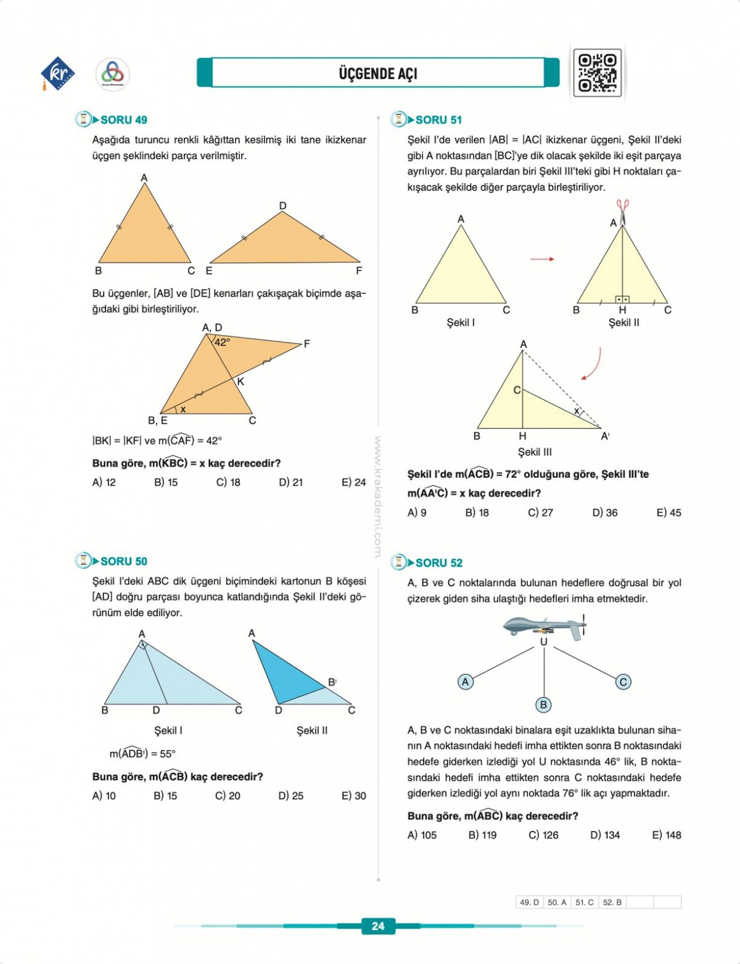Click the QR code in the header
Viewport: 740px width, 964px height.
[x=597, y=73]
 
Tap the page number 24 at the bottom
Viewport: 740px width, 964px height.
[x=378, y=925]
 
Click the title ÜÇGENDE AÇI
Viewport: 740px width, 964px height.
[x=378, y=73]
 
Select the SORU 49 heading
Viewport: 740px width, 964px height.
[x=123, y=120]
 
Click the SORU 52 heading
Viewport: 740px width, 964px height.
[x=438, y=563]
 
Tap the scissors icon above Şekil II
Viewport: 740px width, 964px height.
[x=622, y=210]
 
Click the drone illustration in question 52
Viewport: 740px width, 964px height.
[x=544, y=627]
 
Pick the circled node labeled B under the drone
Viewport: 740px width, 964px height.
[x=543, y=705]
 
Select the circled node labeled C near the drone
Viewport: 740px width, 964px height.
[x=623, y=682]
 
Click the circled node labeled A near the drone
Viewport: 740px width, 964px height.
[x=466, y=682]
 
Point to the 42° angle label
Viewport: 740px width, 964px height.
[x=222, y=342]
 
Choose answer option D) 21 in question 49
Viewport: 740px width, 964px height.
[x=290, y=482]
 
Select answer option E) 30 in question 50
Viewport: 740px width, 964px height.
[x=353, y=796]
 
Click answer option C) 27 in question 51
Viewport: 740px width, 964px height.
[x=540, y=512]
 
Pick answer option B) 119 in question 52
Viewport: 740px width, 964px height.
[x=482, y=835]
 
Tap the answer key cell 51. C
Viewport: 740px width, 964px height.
[x=584, y=902]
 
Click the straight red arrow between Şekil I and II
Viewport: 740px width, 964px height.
[x=542, y=259]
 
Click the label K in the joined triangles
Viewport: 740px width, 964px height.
[x=240, y=382]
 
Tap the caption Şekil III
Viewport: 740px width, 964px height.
[x=535, y=452]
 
